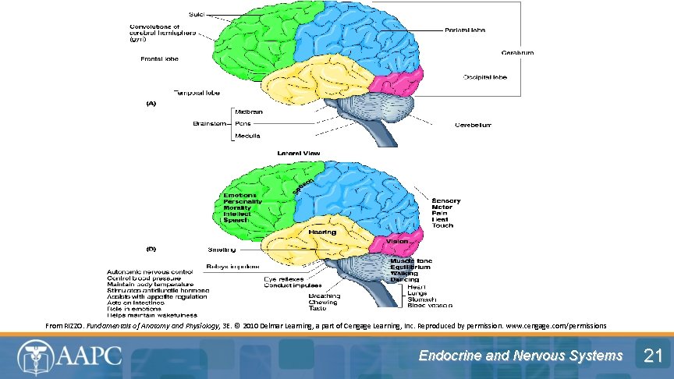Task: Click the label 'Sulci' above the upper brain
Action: (198, 15)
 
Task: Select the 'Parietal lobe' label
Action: (465, 30)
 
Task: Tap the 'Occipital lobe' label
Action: (484, 77)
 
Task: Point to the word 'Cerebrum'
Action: (517, 53)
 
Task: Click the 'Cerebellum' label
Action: (474, 125)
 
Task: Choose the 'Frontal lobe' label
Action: (159, 59)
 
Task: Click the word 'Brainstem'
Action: (210, 123)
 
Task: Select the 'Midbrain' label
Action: (249, 112)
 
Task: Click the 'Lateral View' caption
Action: (299, 153)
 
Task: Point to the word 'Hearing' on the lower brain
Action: (322, 232)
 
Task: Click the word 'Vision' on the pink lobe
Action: (397, 242)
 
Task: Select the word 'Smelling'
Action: (222, 250)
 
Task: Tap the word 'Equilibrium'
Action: (410, 267)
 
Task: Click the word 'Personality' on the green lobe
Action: (243, 201)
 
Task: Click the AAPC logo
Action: (70, 356)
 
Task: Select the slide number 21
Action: (651, 356)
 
